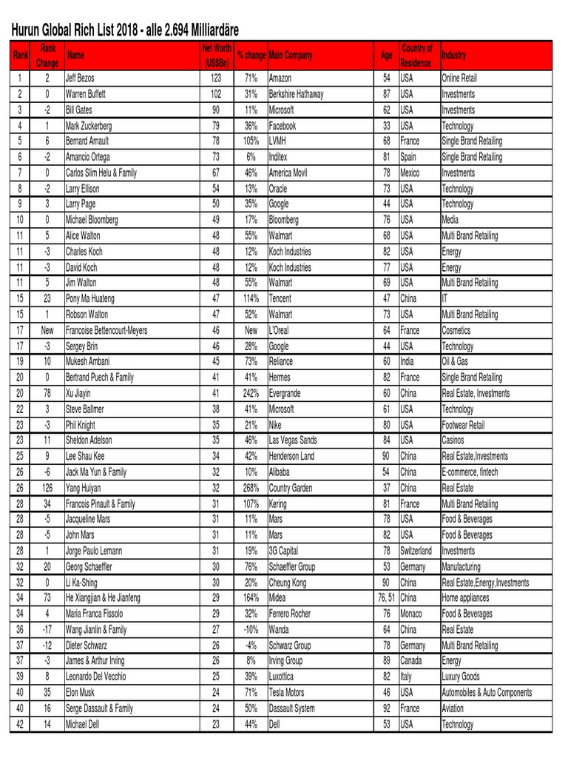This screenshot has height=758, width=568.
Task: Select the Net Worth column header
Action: pos(217,56)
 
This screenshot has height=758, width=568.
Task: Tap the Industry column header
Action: pos(454,56)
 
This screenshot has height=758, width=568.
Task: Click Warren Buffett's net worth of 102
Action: pos(217,94)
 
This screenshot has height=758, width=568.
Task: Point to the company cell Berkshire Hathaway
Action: pos(296,94)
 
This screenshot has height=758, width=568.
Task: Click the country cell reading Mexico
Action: pos(411,172)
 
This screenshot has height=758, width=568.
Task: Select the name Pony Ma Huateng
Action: pos(90,298)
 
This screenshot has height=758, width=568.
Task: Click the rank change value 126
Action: pos(47,488)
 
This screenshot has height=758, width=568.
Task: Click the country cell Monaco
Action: pos(413,614)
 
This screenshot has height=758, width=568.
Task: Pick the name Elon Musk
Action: pos(83,693)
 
